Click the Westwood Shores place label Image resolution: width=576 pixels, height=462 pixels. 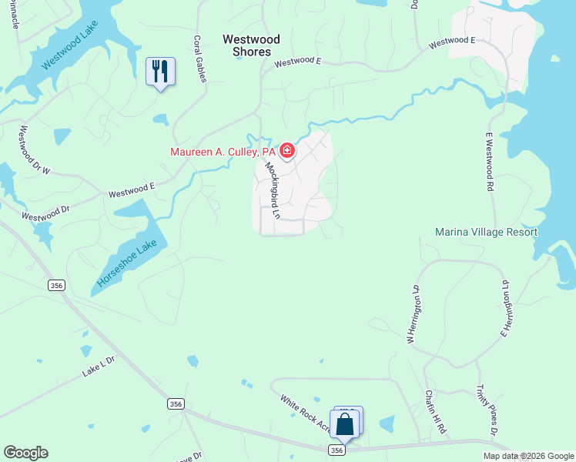click(x=251, y=45)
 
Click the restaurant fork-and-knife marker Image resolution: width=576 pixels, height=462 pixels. click(x=160, y=72)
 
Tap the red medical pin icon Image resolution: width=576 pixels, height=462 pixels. click(x=286, y=150)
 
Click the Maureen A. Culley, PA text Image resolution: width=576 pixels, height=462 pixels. click(x=223, y=152)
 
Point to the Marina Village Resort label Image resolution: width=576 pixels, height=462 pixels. click(x=485, y=232)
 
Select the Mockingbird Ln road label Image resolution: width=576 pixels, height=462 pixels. click(x=271, y=189)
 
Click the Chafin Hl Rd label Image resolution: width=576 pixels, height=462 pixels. click(x=436, y=410)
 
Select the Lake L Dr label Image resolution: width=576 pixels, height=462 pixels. click(x=99, y=367)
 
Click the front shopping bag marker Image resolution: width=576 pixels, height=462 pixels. click(x=344, y=424)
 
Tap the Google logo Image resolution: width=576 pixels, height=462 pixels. click(x=25, y=453)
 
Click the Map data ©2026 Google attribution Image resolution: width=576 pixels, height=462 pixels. click(x=528, y=456)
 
